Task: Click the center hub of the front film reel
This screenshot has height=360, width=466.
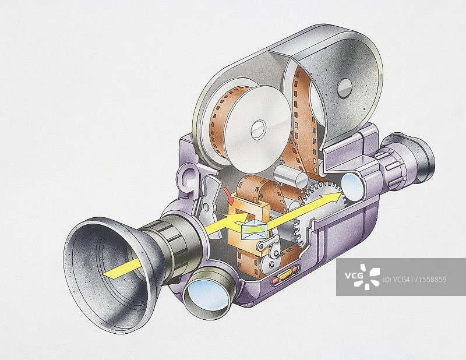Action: pos(259,129)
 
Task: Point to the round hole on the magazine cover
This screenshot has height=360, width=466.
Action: pos(344,88)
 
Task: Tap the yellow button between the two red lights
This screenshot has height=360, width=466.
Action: pos(284,275)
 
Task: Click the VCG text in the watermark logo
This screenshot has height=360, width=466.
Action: pos(354,276)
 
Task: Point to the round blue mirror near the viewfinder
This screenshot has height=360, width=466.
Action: pos(352,186)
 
